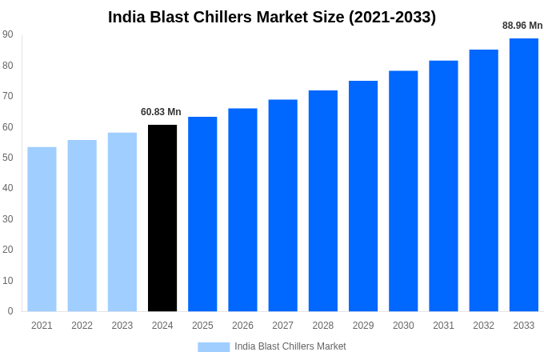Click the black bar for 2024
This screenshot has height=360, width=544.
click(162, 218)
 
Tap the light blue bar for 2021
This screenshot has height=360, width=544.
click(42, 229)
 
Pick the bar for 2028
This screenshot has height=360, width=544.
click(323, 201)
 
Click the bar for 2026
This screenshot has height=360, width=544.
click(242, 210)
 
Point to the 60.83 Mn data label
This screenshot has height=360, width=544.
click(161, 112)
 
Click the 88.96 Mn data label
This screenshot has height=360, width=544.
click(522, 26)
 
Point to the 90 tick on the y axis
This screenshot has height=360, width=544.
click(8, 34)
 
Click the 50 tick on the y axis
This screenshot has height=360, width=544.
click(8, 158)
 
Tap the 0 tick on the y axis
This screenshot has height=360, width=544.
click(10, 311)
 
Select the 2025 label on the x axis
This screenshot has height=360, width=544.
click(202, 326)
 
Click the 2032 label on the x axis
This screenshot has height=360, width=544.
click(483, 326)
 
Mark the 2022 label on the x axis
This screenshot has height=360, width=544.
click(82, 326)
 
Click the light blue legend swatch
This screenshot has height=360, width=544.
click(214, 346)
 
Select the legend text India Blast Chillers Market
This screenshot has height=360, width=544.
click(290, 346)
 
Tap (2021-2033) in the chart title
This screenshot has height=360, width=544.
click(392, 17)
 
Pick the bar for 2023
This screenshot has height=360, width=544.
click(122, 222)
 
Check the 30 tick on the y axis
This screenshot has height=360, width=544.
click(8, 219)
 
